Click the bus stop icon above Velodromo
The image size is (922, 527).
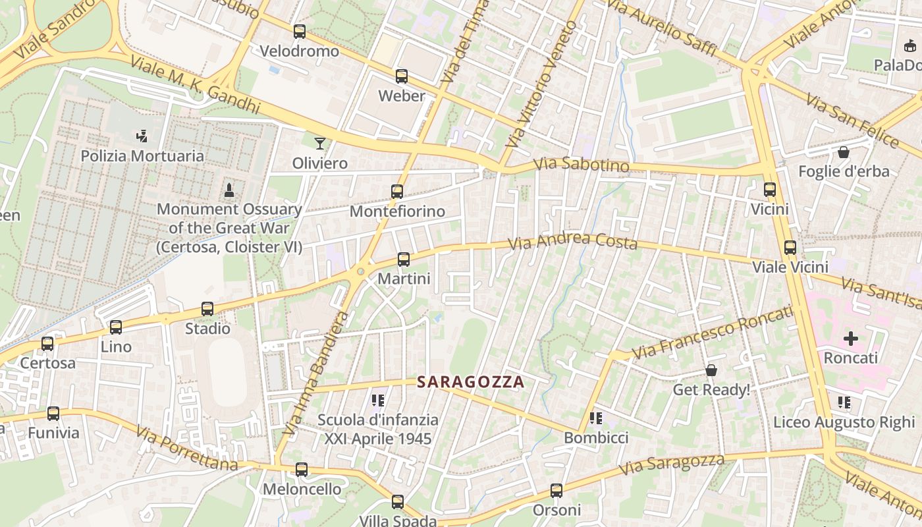300,31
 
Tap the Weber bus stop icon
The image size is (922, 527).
402,76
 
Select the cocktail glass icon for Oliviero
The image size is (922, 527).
319,143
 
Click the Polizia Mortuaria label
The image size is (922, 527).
142,156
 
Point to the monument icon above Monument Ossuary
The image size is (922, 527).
229,190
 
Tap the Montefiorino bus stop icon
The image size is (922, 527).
397,192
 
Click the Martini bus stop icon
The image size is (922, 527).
404,260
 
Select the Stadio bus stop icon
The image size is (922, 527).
207,309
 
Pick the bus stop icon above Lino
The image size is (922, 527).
116,327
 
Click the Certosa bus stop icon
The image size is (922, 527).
47,343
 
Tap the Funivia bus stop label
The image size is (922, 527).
53,433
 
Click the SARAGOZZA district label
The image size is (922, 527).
471,382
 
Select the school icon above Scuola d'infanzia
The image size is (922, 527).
378,401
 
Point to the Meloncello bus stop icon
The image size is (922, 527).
302,470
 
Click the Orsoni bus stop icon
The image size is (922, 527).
556,491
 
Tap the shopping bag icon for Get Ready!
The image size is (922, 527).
711,370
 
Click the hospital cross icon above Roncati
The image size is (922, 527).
851,339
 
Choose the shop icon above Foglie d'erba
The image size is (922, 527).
844,152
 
